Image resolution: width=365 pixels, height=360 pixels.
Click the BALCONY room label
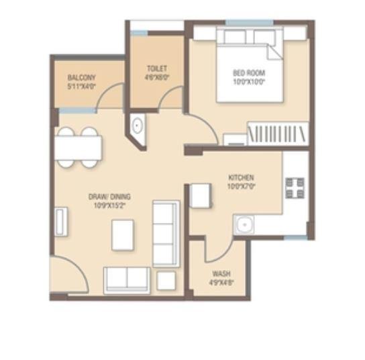[82, 77]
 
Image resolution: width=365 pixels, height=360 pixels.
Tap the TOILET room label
[157, 69]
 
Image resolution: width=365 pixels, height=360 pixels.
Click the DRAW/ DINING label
[109, 197]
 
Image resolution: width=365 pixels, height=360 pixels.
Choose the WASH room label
[221, 274]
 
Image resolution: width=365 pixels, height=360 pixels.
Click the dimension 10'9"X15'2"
[109, 206]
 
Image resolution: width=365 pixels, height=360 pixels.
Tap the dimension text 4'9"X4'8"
[221, 283]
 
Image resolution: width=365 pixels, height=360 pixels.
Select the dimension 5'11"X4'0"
[82, 86]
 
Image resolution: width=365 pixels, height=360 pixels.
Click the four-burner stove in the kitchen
[295, 188]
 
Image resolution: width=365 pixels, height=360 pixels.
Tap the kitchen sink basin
[244, 224]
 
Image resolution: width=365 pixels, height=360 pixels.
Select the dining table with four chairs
[79, 146]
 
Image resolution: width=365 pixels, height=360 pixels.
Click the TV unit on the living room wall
[59, 220]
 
